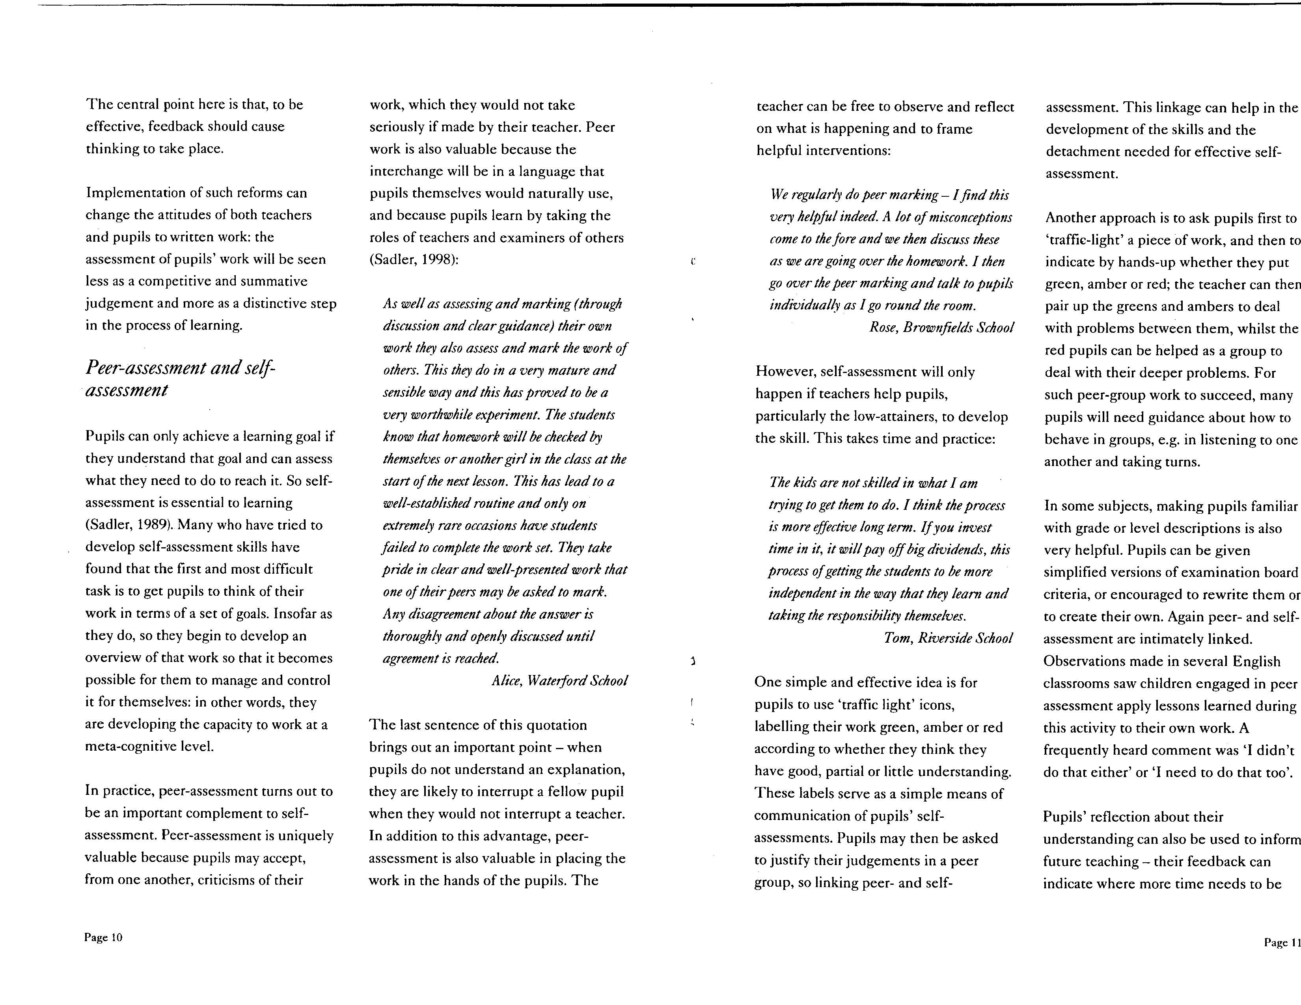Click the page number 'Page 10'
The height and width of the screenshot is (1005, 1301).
[x=103, y=937]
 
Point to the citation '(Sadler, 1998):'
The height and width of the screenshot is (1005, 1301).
[x=414, y=260]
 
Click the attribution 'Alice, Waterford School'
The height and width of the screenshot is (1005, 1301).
[x=559, y=681]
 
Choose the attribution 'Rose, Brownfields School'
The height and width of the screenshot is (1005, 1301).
[x=941, y=327]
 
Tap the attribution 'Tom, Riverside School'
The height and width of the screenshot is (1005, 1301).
[x=948, y=638]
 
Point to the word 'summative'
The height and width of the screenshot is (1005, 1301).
[x=278, y=281]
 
